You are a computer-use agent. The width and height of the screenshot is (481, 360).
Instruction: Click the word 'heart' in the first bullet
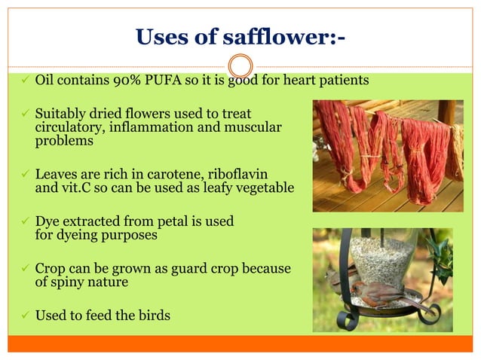click(299, 80)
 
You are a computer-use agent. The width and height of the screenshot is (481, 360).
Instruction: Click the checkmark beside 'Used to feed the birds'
click(25, 315)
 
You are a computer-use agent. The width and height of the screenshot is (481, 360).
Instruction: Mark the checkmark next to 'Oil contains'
click(25, 81)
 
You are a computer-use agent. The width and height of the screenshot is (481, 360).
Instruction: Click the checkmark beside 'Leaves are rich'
click(25, 175)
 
